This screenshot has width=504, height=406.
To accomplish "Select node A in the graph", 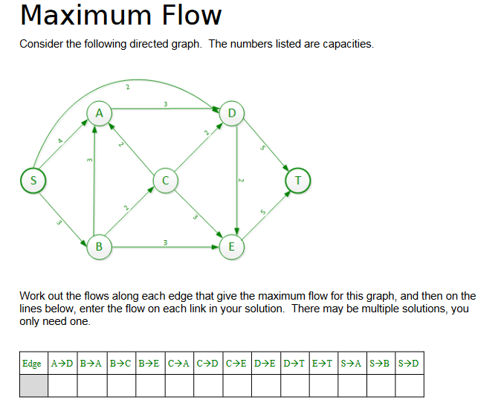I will pyautogui.click(x=99, y=113).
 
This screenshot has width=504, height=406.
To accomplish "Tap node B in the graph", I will pyautogui.click(x=99, y=246).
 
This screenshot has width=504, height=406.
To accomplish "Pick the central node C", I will pyautogui.click(x=165, y=180).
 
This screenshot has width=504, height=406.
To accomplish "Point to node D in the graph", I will pyautogui.click(x=233, y=113).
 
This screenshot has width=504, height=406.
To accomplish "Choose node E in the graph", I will pyautogui.click(x=232, y=246).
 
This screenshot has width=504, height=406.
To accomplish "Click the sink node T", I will pyautogui.click(x=298, y=180).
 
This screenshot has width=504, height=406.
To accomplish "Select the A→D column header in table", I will pyautogui.click(x=62, y=364).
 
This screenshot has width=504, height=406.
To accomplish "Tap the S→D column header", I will pyautogui.click(x=410, y=364).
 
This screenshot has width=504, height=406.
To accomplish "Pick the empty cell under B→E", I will pyautogui.click(x=149, y=385).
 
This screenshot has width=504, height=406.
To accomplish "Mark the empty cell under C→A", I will pyautogui.click(x=178, y=385).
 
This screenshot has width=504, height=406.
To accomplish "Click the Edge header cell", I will pyautogui.click(x=32, y=364).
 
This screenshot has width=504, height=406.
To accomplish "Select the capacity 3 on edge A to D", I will pyautogui.click(x=165, y=103).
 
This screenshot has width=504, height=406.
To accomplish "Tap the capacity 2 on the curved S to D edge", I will pyautogui.click(x=127, y=87).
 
